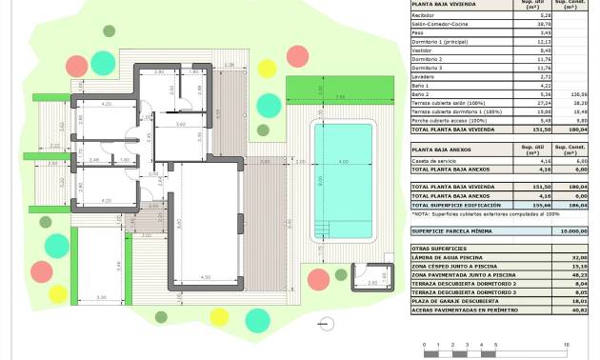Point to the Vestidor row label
[421, 50]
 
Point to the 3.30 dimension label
[102, 298]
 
